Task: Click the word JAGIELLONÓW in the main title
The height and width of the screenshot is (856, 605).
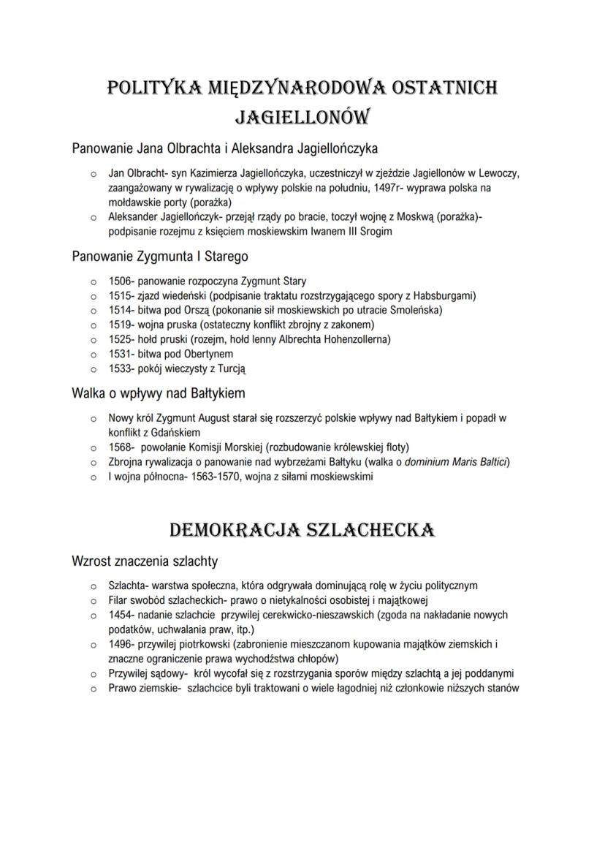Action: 302,117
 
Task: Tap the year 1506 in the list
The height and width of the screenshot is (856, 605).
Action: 120,281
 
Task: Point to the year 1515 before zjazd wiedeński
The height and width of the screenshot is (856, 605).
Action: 120,295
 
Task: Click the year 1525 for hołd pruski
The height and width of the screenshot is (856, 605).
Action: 120,339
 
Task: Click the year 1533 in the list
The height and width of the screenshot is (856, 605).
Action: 120,368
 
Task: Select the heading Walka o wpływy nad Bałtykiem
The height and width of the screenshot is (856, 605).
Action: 158,393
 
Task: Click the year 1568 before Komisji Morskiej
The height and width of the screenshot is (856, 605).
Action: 120,447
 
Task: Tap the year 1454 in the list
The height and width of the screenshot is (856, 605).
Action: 120,615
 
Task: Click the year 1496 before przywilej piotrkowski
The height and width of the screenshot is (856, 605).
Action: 120,644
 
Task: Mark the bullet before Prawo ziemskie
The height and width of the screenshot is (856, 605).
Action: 93,689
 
